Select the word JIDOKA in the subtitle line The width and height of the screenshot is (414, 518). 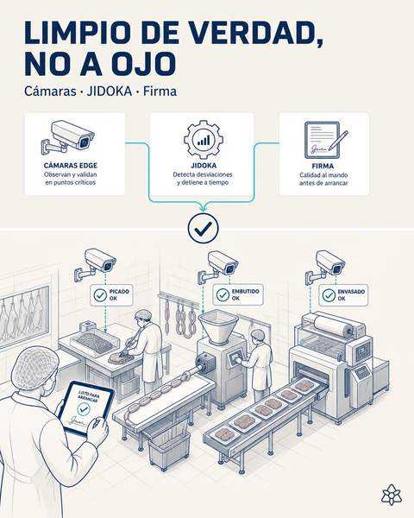point(109,92)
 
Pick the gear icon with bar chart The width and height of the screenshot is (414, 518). point(203,139)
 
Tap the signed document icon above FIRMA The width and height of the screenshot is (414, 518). point(325,140)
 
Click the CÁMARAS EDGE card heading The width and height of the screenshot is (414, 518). point(71,166)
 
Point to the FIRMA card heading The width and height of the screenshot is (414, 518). point(323,166)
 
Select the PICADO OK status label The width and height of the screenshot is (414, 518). point(111,295)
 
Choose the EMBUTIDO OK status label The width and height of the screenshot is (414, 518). point(238,294)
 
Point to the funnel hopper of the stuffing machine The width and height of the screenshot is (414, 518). point(218,326)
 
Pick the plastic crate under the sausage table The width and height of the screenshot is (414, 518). point(169,446)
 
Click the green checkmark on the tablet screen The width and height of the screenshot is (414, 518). point(83,409)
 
